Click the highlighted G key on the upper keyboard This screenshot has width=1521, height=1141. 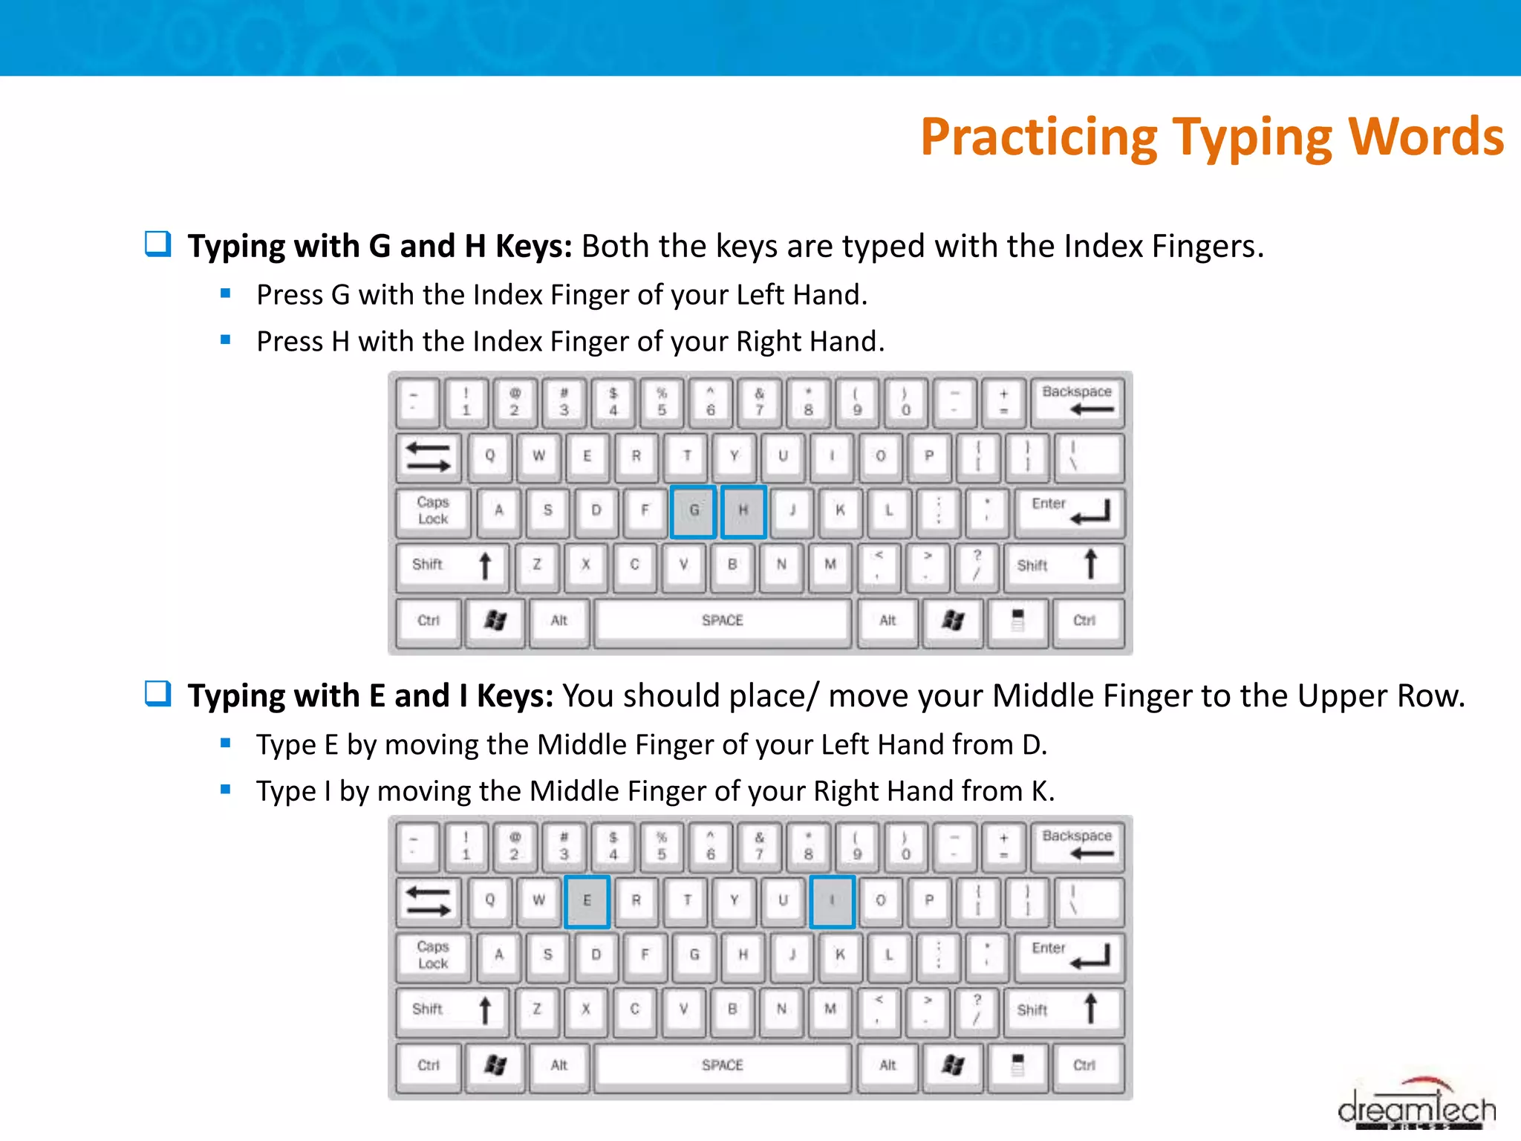[694, 511]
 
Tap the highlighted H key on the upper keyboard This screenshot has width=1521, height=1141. [743, 511]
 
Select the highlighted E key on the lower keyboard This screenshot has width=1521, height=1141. [587, 901]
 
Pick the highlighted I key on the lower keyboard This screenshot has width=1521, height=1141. [832, 901]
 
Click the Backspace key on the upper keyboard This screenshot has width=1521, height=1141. [1077, 401]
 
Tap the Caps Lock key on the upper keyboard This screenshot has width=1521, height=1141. [433, 511]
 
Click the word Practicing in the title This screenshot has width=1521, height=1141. [1038, 137]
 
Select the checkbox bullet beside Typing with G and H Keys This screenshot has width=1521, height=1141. [157, 244]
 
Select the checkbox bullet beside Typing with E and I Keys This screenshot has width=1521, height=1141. [157, 694]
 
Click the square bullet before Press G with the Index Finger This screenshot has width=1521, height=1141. [226, 293]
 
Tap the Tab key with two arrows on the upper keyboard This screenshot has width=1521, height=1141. [429, 456]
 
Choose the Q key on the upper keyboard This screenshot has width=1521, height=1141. [489, 456]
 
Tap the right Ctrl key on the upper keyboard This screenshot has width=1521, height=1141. [1084, 621]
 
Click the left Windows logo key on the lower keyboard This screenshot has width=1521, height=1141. [495, 1066]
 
